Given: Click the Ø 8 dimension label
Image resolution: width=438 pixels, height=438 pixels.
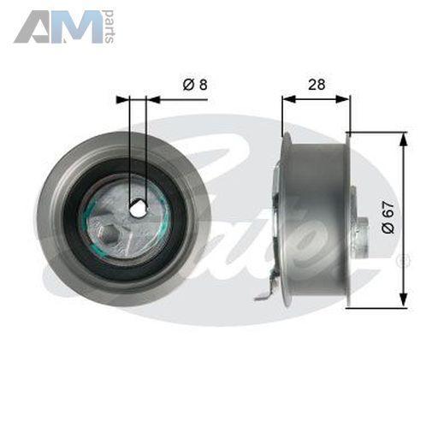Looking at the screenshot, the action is pos(195,85).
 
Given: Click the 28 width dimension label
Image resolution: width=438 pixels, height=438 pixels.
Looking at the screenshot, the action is pos(317,85).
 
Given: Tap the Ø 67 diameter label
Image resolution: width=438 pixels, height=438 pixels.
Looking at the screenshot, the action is pos(388,217).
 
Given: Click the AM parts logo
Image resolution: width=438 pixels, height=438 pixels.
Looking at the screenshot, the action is pos(64,27).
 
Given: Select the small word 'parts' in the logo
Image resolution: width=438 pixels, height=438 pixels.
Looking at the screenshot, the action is pos(109,27).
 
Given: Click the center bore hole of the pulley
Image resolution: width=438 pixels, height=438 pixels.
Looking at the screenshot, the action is pos(139,209).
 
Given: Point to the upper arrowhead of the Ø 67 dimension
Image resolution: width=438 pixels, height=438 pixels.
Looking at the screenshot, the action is pos(403,140).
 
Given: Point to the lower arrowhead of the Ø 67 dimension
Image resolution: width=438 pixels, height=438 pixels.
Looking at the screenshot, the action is pos(403,299).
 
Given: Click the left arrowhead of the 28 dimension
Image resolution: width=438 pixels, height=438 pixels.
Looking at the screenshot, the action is pos(289,99).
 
